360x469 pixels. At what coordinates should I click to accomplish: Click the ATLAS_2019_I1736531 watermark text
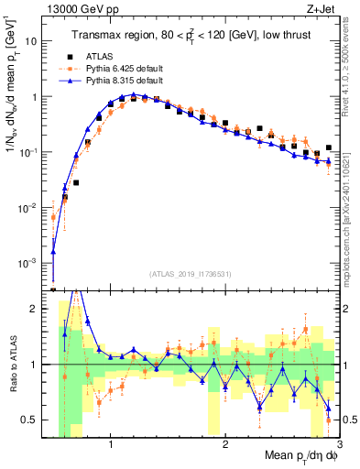pos(191,273)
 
